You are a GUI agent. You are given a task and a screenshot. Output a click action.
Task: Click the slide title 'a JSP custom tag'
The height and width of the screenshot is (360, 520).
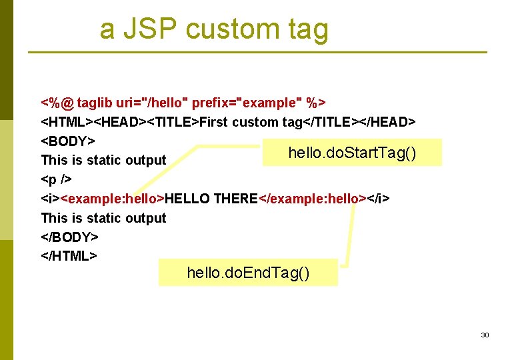tap(214, 29)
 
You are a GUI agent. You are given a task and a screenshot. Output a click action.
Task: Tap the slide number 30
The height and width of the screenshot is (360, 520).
tap(485, 335)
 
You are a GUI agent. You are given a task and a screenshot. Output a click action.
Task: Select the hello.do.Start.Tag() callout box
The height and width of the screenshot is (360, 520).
tap(352, 153)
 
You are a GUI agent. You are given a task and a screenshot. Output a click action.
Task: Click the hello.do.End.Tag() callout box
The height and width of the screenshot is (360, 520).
tap(248, 273)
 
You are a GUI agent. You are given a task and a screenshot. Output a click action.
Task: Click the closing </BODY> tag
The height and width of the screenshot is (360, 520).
tap(70, 237)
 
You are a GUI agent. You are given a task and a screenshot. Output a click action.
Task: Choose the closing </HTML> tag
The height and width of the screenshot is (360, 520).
tap(69, 256)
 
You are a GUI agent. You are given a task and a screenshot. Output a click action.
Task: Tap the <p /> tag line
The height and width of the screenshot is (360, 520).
tap(57, 179)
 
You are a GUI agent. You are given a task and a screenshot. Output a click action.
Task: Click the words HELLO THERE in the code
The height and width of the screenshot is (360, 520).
tap(211, 199)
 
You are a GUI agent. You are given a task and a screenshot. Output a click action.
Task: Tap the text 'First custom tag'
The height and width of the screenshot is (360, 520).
tap(251, 122)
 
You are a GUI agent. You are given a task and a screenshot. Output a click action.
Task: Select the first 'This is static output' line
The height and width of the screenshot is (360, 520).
tap(103, 160)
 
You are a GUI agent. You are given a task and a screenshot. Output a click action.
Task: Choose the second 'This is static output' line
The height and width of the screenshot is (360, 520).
tap(103, 218)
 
